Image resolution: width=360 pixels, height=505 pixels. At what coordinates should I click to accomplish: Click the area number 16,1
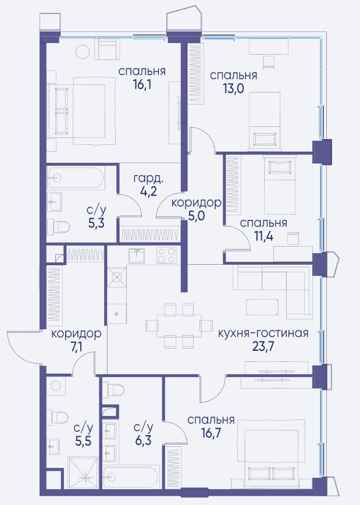pyautogui.click(x=142, y=85)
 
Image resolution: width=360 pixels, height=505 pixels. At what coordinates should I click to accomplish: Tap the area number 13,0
pyautogui.click(x=233, y=88)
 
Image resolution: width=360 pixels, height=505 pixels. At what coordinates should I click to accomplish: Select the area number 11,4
pyautogui.click(x=263, y=236)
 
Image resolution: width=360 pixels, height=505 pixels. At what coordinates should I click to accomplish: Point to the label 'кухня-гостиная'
pyautogui.click(x=263, y=333)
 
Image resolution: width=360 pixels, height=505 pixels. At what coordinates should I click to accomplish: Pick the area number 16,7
pyautogui.click(x=211, y=433)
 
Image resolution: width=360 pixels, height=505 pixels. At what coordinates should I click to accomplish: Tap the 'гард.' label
pyautogui.click(x=148, y=178)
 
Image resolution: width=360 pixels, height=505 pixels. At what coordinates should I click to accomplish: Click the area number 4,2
pyautogui.click(x=148, y=191)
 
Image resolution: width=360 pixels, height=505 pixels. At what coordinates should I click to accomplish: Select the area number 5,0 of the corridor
pyautogui.click(x=197, y=216)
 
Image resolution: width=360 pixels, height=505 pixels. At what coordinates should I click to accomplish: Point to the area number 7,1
pyautogui.click(x=76, y=347)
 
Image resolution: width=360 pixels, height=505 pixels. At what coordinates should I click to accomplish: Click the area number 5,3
pyautogui.click(x=97, y=222)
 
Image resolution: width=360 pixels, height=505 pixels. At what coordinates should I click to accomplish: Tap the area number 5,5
pyautogui.click(x=83, y=440)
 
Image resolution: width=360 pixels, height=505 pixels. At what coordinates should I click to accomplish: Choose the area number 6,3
pyautogui.click(x=143, y=440)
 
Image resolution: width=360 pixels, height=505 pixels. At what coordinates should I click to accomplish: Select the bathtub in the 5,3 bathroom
pyautogui.click(x=76, y=178)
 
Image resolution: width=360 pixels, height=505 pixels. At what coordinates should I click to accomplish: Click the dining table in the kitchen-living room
pyautogui.click(x=179, y=325)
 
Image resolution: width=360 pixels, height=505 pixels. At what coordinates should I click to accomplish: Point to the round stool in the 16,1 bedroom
pyautogui.click(x=83, y=51)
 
